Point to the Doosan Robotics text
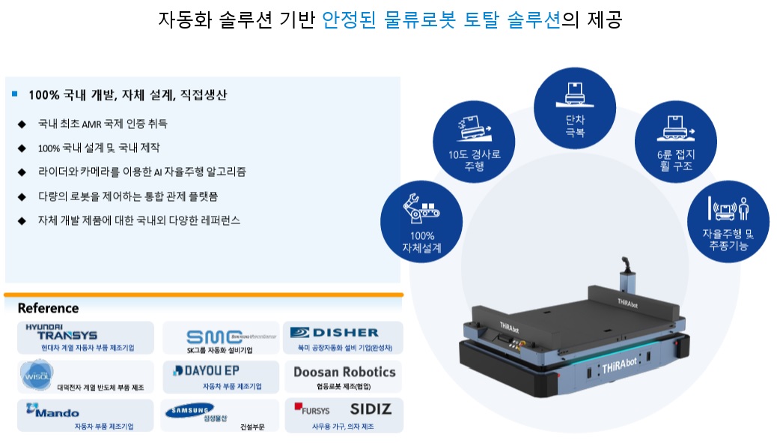(344, 372)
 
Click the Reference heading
(48, 308)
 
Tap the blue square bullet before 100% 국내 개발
(15, 94)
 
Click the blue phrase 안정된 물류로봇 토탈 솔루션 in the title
(441, 19)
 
